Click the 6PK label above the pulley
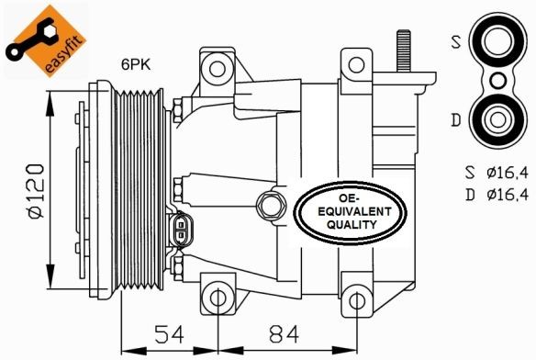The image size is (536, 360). (x=135, y=64)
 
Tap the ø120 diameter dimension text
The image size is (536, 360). (x=35, y=190)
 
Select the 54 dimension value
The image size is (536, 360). (x=169, y=334)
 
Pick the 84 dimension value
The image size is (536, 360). (x=284, y=334)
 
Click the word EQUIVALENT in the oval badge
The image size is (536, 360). (x=353, y=211)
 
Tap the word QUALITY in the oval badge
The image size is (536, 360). (x=352, y=224)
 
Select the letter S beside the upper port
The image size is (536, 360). (x=456, y=42)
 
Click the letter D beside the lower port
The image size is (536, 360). (x=455, y=120)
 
